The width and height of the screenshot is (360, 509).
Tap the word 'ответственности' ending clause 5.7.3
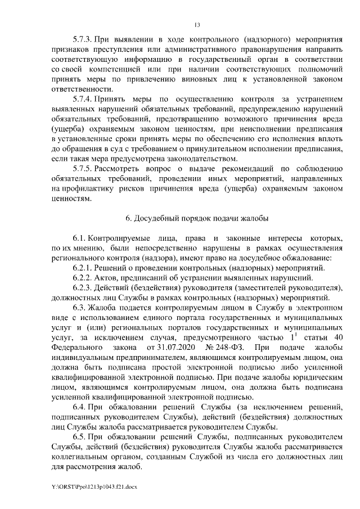pos(79,89)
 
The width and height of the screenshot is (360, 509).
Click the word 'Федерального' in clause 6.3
pos(75,346)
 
